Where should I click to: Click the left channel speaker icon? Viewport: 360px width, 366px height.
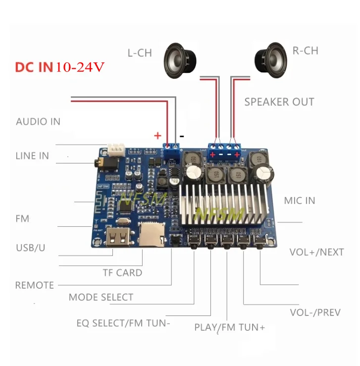tap(180, 59)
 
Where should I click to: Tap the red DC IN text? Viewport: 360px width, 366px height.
tap(34, 67)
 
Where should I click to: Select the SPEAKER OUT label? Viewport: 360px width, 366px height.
tap(279, 102)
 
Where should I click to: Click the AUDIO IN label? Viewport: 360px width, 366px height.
tap(38, 121)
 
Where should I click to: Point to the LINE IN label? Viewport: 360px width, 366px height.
tap(32, 156)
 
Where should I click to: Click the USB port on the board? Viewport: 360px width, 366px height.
tap(118, 237)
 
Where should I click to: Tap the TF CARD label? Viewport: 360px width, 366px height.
tap(122, 272)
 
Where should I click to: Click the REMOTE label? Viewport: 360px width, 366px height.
tap(34, 285)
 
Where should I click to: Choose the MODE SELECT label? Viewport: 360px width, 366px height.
tap(101, 297)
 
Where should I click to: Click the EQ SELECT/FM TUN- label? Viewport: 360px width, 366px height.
tap(123, 323)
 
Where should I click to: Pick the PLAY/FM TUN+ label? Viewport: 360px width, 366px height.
tap(229, 327)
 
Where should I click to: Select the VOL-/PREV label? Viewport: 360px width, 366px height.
tap(315, 313)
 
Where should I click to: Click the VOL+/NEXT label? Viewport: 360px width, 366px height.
tap(316, 252)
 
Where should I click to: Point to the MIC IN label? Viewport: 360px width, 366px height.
tap(300, 201)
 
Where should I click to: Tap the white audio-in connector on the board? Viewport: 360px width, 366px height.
tap(116, 149)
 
